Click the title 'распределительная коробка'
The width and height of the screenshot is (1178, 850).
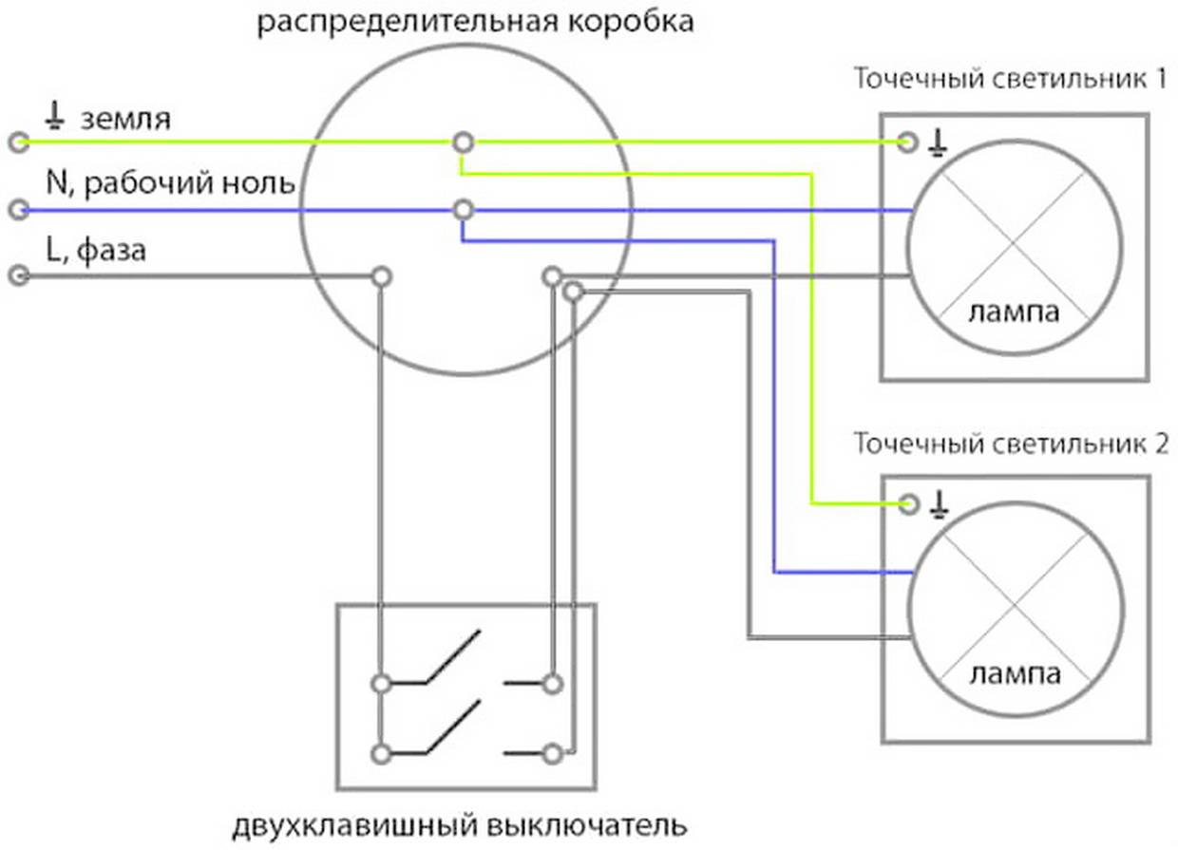click(x=476, y=21)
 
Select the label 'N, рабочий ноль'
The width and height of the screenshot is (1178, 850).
click(x=170, y=183)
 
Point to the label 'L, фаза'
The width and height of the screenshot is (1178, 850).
click(x=94, y=252)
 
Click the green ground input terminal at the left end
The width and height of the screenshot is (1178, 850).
click(x=17, y=142)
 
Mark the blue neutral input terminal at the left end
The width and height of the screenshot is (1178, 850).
click(x=17, y=210)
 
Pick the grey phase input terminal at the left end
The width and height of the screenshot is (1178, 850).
click(x=17, y=276)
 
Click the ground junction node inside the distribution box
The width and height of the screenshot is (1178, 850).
click(x=463, y=142)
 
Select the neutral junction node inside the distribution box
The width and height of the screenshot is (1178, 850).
click(x=463, y=209)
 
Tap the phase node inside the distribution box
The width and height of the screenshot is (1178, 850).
click(x=381, y=276)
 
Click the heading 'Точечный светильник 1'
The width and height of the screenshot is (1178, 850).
click(x=1010, y=78)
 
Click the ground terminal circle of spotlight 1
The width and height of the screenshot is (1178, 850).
click(x=908, y=142)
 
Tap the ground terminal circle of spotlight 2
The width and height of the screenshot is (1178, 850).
click(x=909, y=503)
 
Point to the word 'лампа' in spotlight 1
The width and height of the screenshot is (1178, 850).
click(x=1013, y=312)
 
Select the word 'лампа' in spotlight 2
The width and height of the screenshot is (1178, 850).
click(x=1015, y=675)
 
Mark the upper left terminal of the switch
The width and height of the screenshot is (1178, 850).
click(x=381, y=683)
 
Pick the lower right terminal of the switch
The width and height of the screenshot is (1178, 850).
click(x=553, y=753)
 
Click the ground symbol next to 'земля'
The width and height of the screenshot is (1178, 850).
click(x=56, y=118)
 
